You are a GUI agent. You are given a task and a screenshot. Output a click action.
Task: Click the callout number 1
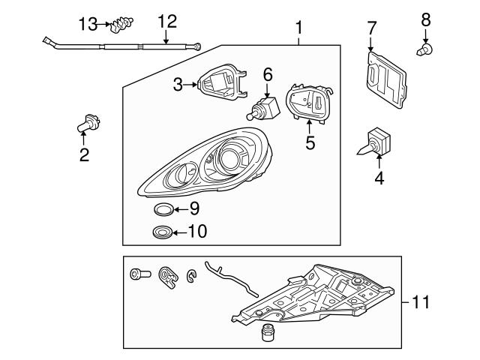tap(298, 28)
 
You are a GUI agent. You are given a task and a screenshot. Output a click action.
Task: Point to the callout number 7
tap(371, 28)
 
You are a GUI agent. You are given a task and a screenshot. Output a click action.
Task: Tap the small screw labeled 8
tap(424, 52)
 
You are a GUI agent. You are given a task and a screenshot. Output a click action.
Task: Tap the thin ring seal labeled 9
tap(164, 208)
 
